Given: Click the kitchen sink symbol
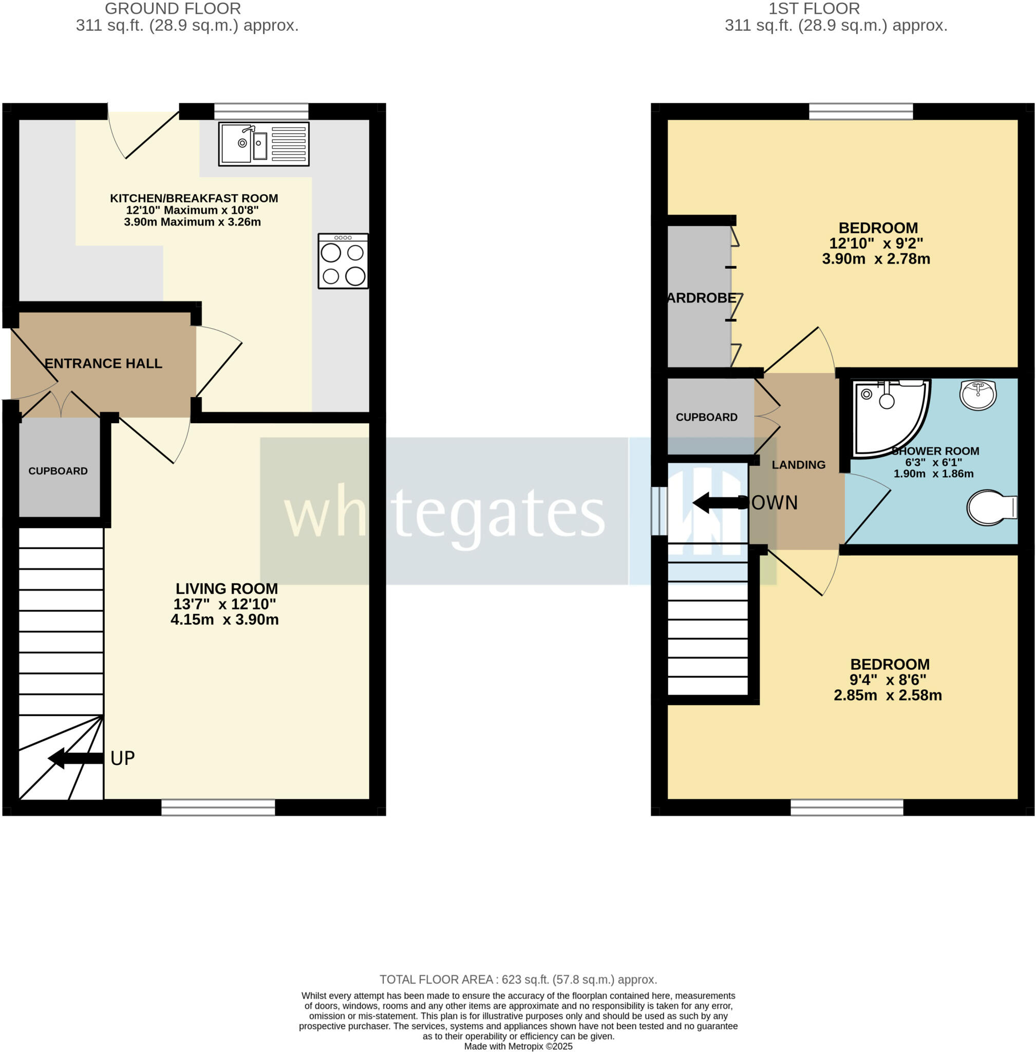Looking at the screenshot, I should coord(263,144).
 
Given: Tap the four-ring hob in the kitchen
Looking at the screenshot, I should coord(343,261).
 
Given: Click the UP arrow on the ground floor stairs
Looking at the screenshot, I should coord(76,758).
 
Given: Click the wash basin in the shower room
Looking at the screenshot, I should coord(978,394).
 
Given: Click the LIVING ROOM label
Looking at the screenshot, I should coord(227,588).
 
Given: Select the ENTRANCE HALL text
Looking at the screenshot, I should coord(103,363).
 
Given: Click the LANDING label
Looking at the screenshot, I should coord(798,464).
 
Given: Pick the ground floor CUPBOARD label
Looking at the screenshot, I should coord(58,471).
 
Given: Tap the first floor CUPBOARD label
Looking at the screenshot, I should coord(706,417).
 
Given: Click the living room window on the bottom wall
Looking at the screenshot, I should coord(218,807).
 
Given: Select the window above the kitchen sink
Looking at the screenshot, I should coord(261,111).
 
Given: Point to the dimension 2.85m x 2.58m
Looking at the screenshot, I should coord(888,695).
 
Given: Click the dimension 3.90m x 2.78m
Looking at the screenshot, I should coord(875,258).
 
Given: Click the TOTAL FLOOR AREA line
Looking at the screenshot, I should coord(518,980).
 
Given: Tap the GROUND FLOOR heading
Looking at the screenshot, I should coord(173,9).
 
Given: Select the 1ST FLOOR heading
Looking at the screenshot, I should coord(814,9).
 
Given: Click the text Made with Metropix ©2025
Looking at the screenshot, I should coord(518,1046).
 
